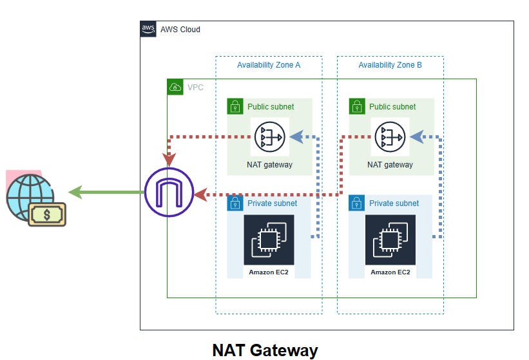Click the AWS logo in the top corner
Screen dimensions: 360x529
[148, 29]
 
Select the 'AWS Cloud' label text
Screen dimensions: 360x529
[180, 30]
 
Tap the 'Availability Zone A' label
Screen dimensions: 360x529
[269, 65]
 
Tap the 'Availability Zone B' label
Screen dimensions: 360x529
[390, 65]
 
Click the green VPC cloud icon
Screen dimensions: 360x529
[175, 87]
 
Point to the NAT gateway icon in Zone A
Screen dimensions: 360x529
[269, 137]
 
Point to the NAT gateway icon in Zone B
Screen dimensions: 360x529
[390, 137]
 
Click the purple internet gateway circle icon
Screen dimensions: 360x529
[169, 193]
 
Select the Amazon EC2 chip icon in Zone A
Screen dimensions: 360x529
[269, 240]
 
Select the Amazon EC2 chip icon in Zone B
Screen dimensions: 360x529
[390, 240]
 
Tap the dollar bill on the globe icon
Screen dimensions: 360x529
[47, 214]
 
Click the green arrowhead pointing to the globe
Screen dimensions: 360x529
[75, 193]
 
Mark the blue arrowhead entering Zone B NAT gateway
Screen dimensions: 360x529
[416, 137]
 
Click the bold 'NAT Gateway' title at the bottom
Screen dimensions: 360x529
[265, 350]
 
